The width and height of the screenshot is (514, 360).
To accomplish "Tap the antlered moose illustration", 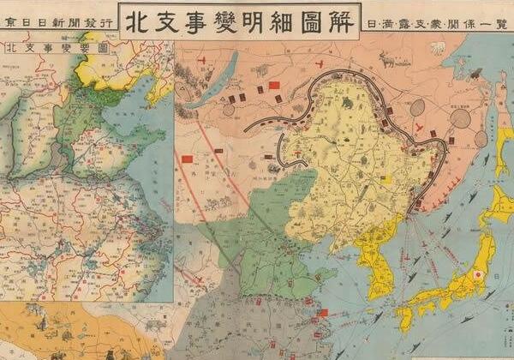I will [x=387, y=59].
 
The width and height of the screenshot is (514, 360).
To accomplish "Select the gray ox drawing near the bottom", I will [x=154, y=326].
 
